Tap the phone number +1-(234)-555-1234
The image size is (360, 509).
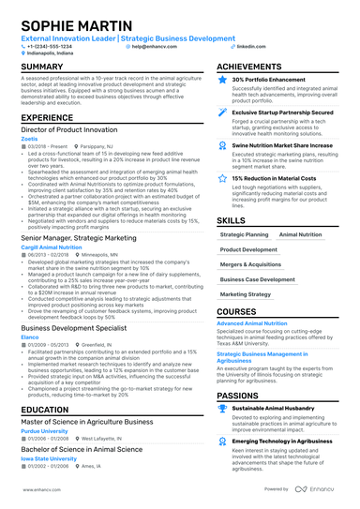50,45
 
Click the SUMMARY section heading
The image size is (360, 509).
42,67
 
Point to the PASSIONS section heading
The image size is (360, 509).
243,397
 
